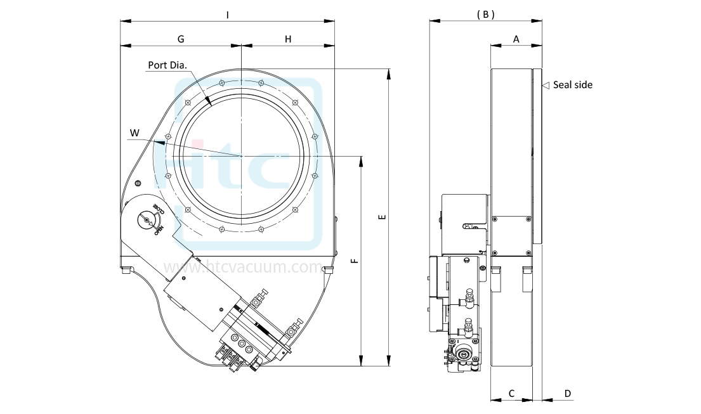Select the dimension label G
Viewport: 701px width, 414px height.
point(181,39)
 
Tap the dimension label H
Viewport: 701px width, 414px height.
point(288,39)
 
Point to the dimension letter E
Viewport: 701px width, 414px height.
point(381,217)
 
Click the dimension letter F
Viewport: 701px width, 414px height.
point(354,261)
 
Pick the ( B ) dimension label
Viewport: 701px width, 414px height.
point(485,14)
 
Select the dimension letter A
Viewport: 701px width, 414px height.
point(516,39)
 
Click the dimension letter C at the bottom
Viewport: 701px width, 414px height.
point(511,394)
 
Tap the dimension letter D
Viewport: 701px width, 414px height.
point(568,394)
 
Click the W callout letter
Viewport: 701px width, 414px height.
point(134,133)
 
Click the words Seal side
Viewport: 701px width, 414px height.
point(572,84)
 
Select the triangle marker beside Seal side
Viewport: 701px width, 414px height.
point(545,84)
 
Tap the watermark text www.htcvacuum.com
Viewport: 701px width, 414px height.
point(243,268)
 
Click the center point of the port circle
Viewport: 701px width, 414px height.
point(242,155)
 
